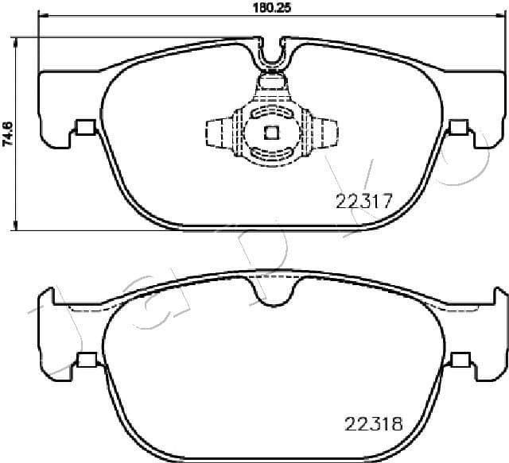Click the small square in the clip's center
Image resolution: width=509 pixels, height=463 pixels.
[x=270, y=133]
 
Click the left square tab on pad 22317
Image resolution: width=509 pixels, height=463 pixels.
[x=84, y=125]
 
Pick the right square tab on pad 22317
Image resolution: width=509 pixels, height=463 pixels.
[x=459, y=125]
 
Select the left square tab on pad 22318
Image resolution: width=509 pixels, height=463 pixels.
[x=84, y=360]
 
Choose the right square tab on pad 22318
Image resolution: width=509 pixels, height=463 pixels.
[x=459, y=360]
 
